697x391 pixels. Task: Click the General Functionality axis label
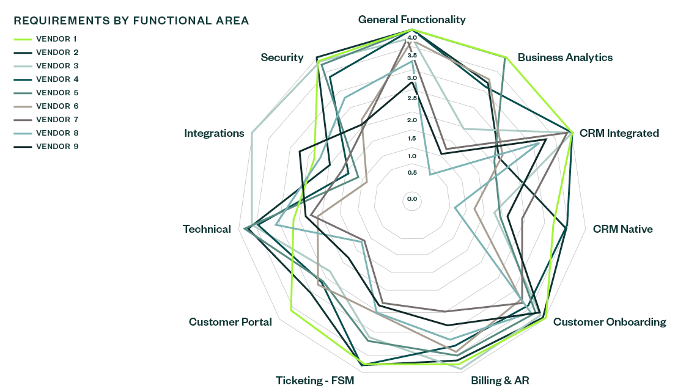[411, 20]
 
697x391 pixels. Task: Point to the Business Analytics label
[565, 57]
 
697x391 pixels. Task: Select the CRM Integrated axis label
[619, 133]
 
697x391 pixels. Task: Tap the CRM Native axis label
[622, 229]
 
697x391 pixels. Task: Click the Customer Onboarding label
[609, 322]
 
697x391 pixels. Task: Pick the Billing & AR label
[500, 381]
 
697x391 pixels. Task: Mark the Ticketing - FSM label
[314, 381]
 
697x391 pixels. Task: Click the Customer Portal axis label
[230, 322]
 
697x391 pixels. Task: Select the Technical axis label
[207, 229]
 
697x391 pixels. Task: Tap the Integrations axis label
[214, 133]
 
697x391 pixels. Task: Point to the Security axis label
[282, 57]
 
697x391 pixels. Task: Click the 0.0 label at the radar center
[411, 199]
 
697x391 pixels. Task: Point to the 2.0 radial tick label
[411, 120]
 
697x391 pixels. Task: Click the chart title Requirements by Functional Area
[131, 21]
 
